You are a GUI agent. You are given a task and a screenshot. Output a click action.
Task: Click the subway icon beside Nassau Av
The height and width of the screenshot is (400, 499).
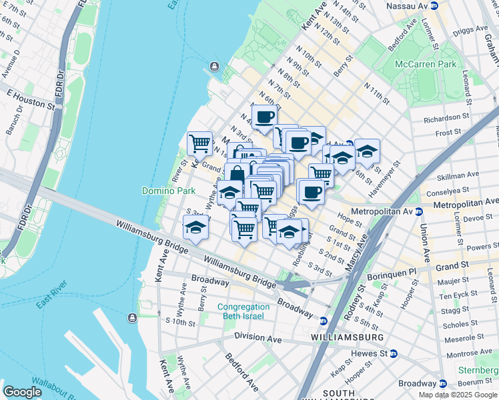[x=434, y=5]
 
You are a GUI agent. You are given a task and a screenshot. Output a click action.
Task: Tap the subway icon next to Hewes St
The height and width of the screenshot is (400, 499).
[x=394, y=353]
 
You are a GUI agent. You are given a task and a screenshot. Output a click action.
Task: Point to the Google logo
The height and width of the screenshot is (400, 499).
[x=23, y=392]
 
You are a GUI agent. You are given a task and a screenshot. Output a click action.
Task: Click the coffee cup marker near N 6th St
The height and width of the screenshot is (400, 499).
[x=264, y=117]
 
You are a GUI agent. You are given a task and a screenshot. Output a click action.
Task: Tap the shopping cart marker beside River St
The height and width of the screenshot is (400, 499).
[x=199, y=143]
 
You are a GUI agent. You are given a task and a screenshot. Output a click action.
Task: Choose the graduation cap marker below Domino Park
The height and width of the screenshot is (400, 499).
[x=195, y=227]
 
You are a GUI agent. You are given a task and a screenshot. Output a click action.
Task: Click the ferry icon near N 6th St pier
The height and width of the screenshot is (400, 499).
[x=214, y=65]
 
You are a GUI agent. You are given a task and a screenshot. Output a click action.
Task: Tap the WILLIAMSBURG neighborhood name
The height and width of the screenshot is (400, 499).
[x=347, y=338]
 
